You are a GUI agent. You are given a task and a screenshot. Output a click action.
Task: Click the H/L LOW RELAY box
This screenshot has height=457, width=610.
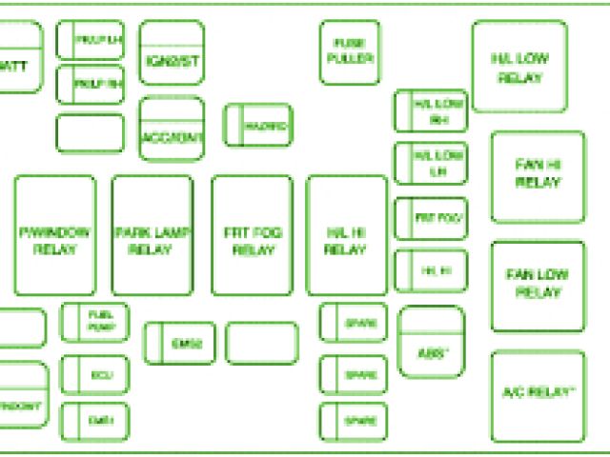519,67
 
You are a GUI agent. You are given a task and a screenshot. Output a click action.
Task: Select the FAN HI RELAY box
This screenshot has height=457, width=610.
538,176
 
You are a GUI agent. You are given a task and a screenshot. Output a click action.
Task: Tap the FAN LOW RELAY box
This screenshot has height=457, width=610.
538,285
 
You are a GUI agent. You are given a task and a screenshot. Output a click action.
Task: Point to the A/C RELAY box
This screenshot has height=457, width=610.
538,393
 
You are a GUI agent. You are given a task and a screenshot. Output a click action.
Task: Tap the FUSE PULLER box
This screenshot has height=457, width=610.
350,52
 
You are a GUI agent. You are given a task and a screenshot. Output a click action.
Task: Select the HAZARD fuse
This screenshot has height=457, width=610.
257,125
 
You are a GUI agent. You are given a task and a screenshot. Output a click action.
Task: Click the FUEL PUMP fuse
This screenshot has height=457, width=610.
94,322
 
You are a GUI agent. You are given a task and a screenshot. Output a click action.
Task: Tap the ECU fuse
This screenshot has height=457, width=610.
94,375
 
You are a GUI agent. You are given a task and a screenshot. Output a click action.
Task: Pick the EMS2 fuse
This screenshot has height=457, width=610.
179,343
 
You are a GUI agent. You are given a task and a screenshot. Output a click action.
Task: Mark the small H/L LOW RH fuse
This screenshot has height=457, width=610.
431,111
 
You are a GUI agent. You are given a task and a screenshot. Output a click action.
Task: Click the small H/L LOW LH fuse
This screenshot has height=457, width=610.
431,163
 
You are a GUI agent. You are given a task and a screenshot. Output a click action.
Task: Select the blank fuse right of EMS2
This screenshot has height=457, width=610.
262,343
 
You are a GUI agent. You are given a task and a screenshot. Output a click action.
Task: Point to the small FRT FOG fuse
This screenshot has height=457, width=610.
431,219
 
